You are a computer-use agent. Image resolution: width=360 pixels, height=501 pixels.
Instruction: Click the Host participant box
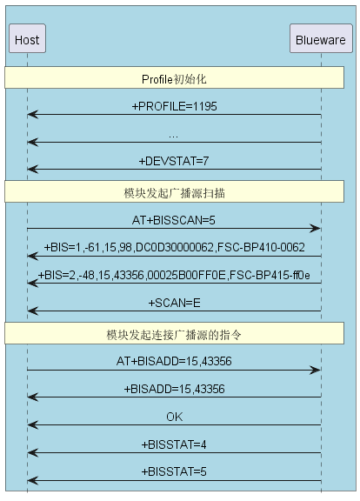click(27, 38)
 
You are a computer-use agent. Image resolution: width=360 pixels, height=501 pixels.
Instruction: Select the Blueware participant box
click(321, 38)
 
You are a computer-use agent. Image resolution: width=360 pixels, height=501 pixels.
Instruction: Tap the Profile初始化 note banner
click(174, 77)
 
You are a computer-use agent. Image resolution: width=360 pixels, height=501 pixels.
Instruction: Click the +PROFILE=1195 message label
click(175, 106)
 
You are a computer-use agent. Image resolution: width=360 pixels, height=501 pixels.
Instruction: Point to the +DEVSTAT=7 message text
click(174, 161)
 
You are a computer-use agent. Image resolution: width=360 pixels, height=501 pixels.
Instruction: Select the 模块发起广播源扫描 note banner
click(174, 191)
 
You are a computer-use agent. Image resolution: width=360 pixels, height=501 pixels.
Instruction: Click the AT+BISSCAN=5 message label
click(174, 220)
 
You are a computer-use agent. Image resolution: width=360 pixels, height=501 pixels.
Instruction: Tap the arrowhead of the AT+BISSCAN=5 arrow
click(315, 229)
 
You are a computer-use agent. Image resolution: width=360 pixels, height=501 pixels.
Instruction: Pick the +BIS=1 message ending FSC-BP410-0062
click(175, 247)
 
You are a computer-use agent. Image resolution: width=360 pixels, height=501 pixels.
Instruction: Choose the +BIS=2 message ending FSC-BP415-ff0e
click(174, 275)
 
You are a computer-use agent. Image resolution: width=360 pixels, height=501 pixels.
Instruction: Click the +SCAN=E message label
click(175, 303)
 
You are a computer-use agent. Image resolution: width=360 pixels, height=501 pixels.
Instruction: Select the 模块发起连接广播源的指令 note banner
click(174, 333)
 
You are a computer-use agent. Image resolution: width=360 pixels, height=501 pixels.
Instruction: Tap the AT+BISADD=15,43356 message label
click(174, 361)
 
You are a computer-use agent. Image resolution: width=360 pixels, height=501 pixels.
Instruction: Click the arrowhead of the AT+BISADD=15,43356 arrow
click(315, 370)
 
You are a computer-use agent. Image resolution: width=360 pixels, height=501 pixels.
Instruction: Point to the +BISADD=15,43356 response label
click(175, 389)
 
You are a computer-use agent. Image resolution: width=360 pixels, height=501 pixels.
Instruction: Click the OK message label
click(175, 417)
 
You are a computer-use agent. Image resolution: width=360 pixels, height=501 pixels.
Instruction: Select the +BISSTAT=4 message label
click(174, 444)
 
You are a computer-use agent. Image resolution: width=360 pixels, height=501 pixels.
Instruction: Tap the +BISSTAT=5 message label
click(174, 471)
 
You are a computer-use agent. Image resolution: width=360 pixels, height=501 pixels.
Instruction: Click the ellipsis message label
click(173, 137)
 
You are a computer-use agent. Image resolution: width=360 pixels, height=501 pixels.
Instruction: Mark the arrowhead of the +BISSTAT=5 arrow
click(33, 480)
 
